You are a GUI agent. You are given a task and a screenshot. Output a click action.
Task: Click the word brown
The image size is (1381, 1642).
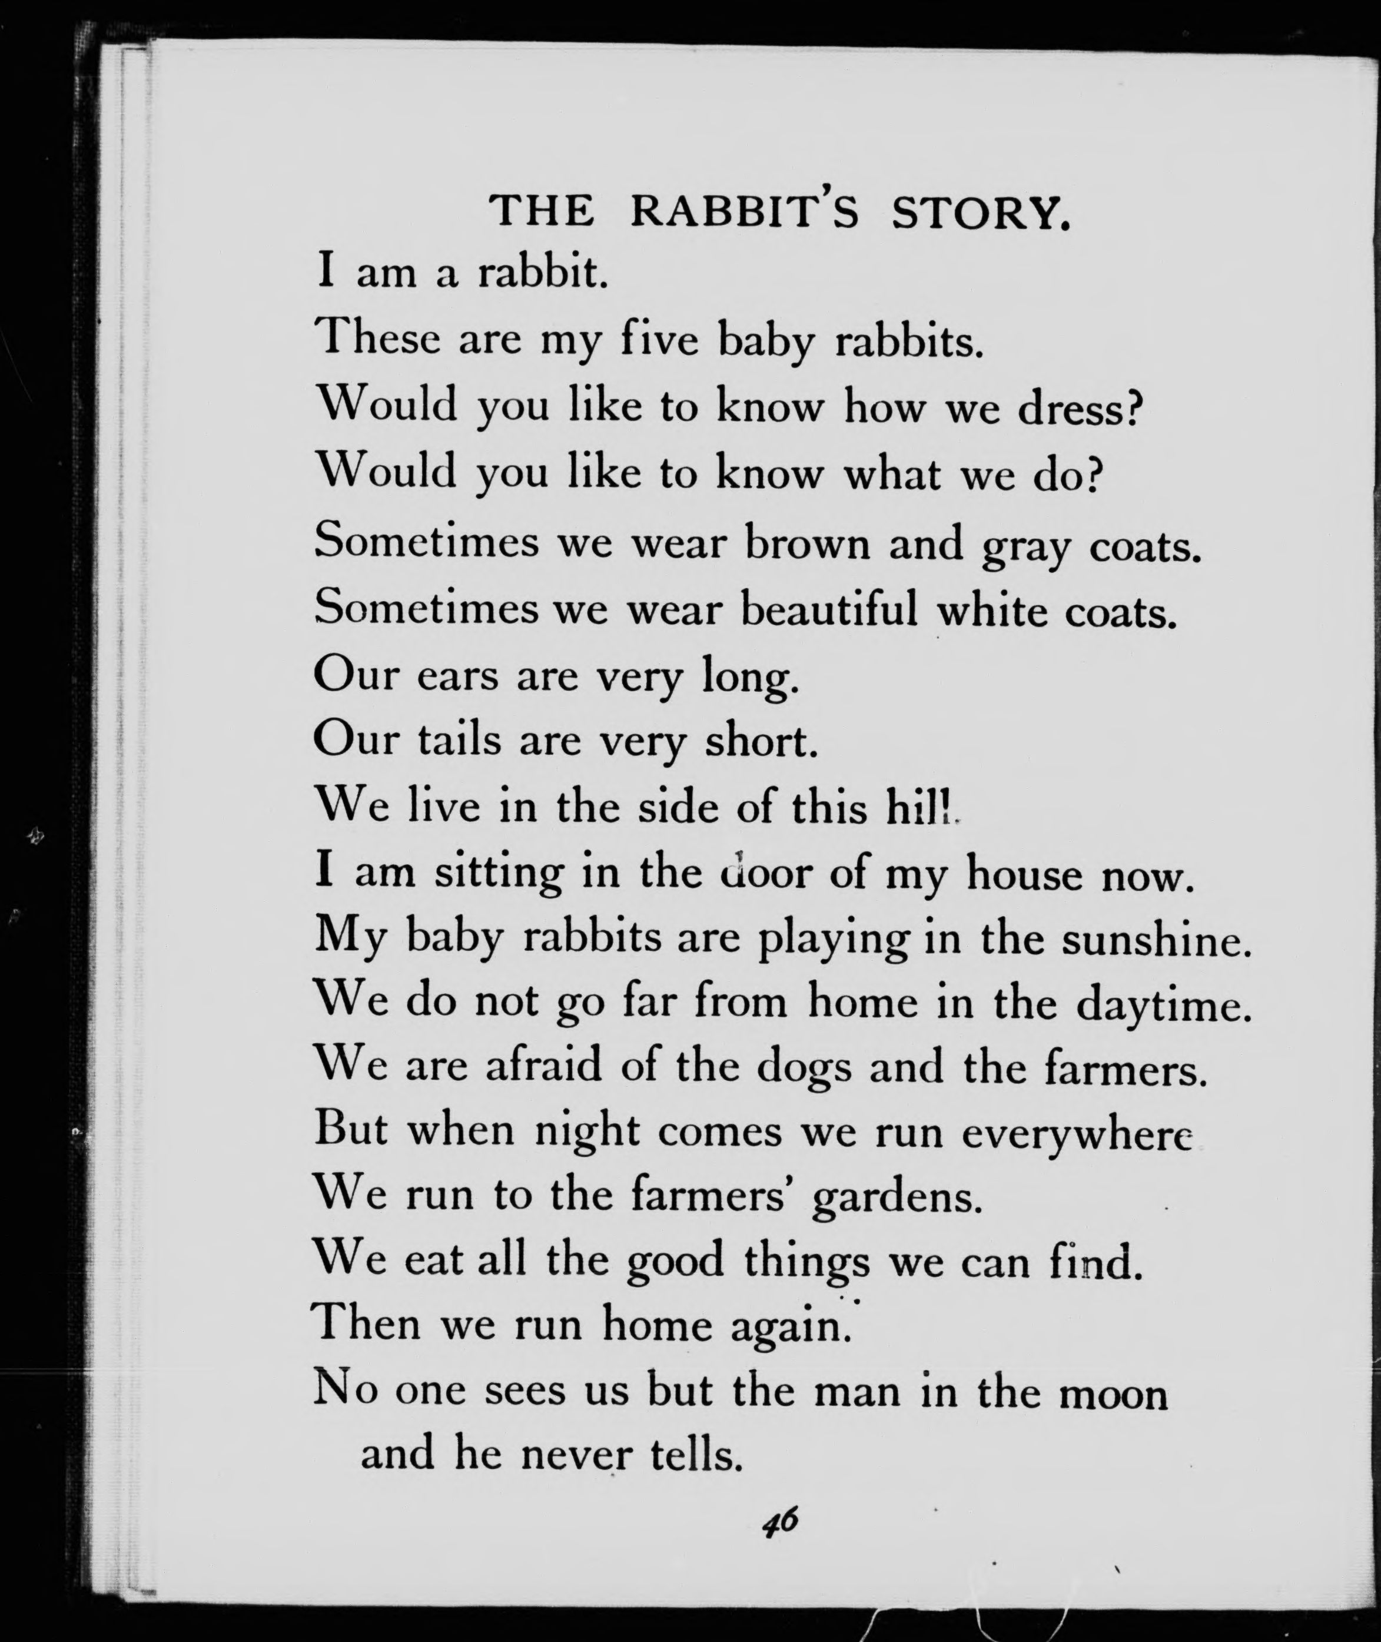pos(807,543)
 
